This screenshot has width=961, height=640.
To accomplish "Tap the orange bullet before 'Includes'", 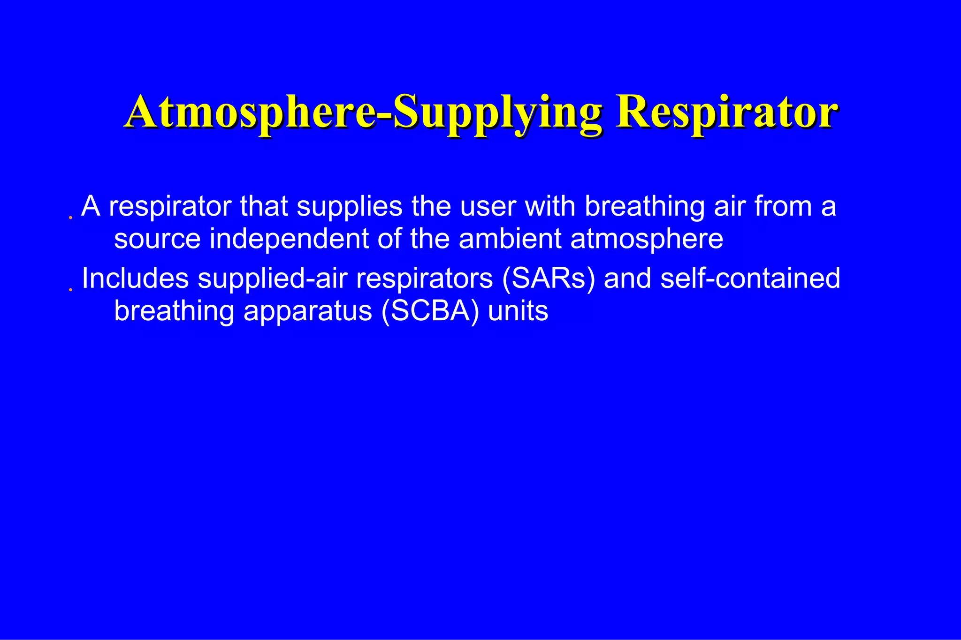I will [70, 290].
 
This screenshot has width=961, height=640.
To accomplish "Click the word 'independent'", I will [289, 239].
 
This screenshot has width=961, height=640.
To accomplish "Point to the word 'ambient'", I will [510, 239].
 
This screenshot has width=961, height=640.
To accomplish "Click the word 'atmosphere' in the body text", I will [647, 239].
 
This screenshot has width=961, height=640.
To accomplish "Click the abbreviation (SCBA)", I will [430, 311].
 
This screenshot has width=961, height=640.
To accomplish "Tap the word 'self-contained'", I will [750, 278].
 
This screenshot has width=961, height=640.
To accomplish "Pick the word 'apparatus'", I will [307, 311].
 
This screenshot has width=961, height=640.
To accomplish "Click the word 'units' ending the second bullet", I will [518, 311].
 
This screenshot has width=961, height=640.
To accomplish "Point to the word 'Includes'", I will [135, 278].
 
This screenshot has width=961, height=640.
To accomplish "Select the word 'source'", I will [157, 239].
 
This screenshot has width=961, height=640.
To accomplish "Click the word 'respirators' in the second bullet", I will [424, 278].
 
